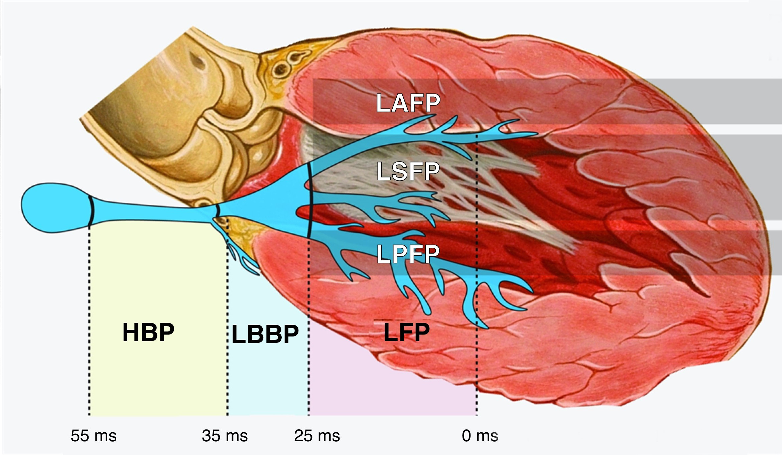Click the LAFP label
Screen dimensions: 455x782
pyautogui.click(x=408, y=103)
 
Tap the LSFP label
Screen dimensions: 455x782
pyautogui.click(x=408, y=171)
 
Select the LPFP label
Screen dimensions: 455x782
pyautogui.click(x=408, y=254)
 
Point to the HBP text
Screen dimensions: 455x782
pyautogui.click(x=148, y=332)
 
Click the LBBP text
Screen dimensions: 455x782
pyautogui.click(x=265, y=334)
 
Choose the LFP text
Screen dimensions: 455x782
pyautogui.click(x=406, y=332)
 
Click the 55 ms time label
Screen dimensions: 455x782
pyautogui.click(x=94, y=436)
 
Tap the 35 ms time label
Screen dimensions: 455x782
pyautogui.click(x=225, y=436)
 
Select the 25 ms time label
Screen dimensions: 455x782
pyautogui.click(x=317, y=436)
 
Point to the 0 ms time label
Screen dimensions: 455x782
pyautogui.click(x=480, y=436)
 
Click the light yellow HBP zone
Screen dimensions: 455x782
pyautogui.click(x=157, y=377)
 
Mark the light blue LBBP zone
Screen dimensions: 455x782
pyautogui.click(x=267, y=377)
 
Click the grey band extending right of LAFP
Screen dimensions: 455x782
pyautogui.click(x=712, y=101)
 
